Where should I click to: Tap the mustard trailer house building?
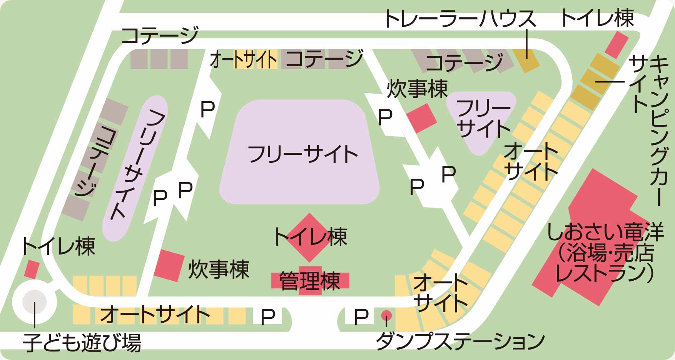click(527, 60)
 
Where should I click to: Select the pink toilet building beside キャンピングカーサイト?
click(617, 44)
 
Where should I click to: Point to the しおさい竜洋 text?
click(605, 232)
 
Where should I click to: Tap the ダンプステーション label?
click(460, 340)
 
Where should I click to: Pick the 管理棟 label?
click(310, 281)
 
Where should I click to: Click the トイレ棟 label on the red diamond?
click(310, 237)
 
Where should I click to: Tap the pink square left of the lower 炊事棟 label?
click(169, 265)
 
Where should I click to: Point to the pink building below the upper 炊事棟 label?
click(422, 117)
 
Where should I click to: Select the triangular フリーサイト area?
click(481, 119)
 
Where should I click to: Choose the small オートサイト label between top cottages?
click(243, 60)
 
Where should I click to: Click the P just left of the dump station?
click(361, 316)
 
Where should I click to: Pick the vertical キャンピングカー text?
click(659, 131)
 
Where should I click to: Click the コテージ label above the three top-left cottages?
click(160, 35)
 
